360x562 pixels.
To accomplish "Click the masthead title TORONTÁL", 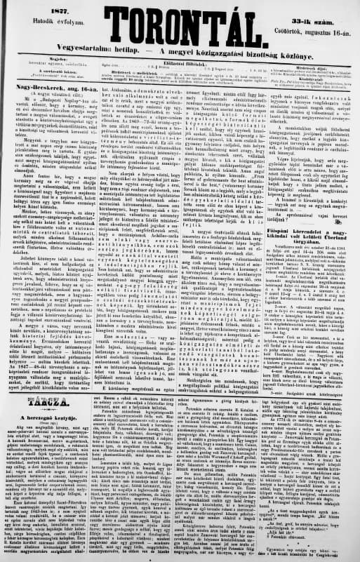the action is [180, 20].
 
